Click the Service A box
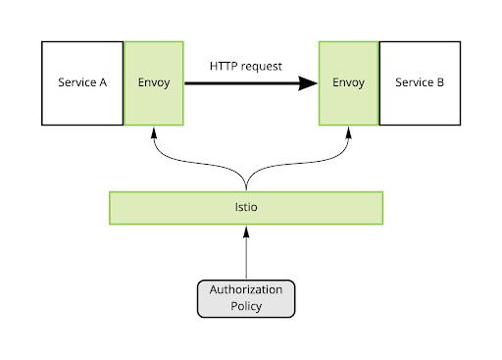coord(82,83)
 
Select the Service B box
coord(420,83)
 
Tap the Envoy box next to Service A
coord(154,83)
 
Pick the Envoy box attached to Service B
coord(349,83)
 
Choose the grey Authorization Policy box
coord(245,298)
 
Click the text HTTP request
coord(245,66)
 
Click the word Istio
coord(245,208)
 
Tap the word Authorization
coord(245,290)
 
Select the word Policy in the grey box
coord(245,306)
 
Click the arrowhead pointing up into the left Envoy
coord(154,132)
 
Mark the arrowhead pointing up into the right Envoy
coord(349,132)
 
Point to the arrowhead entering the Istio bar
coord(246,231)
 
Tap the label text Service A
coord(82,83)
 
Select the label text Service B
coord(420,83)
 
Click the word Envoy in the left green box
coord(154,83)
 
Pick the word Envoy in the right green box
coord(349,83)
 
